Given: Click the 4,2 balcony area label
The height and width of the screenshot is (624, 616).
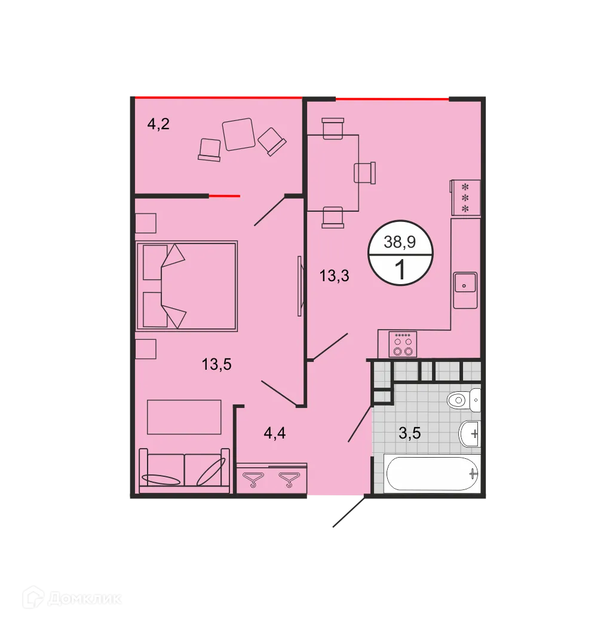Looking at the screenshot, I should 159,124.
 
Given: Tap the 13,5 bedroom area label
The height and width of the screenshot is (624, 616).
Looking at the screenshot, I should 216,364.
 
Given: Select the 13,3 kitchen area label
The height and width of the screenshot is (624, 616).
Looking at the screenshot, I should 334,276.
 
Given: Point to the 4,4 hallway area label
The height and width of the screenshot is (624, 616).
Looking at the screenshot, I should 275,433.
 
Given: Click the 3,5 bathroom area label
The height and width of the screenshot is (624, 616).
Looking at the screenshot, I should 410,433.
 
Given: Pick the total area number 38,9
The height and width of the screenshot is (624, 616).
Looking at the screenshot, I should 400,242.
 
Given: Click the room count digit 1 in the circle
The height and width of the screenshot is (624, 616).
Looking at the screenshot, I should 400,270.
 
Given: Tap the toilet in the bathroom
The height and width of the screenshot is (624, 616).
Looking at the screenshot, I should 464,399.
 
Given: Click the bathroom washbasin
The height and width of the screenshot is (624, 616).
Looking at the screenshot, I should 470,433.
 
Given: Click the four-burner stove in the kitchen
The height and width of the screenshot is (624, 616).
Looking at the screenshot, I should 402,345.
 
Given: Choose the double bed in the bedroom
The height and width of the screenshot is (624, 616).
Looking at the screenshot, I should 186,286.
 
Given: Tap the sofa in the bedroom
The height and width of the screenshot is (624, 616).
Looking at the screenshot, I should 184,470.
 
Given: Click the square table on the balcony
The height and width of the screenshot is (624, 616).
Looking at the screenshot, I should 238,135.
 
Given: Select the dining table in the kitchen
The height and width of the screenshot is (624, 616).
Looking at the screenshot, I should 333,173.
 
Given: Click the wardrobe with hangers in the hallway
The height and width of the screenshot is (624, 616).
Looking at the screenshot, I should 272,478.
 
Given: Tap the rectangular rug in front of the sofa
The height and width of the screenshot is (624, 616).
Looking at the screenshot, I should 184,417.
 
